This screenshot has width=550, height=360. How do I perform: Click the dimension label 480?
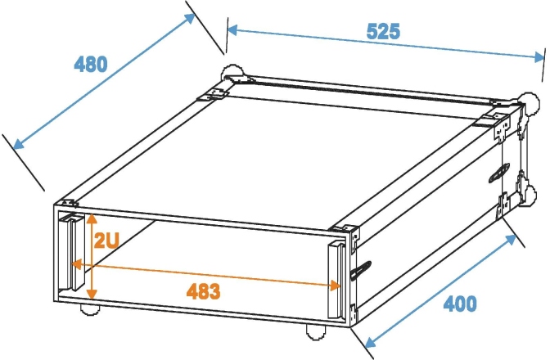pyautogui.click(x=91, y=64)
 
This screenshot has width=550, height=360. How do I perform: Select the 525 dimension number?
pyautogui.click(x=383, y=32)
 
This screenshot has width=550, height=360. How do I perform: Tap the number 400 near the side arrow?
pyautogui.click(x=460, y=303)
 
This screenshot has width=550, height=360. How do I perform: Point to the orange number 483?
pyautogui.click(x=203, y=290)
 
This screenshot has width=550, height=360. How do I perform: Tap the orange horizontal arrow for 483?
pyautogui.click(x=205, y=275)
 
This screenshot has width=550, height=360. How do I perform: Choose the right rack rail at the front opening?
pyautogui.click(x=336, y=279)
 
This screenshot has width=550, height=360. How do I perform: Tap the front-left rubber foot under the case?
pyautogui.click(x=88, y=309)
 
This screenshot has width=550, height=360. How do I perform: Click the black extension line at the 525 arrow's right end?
pyautogui.click(x=543, y=65)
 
